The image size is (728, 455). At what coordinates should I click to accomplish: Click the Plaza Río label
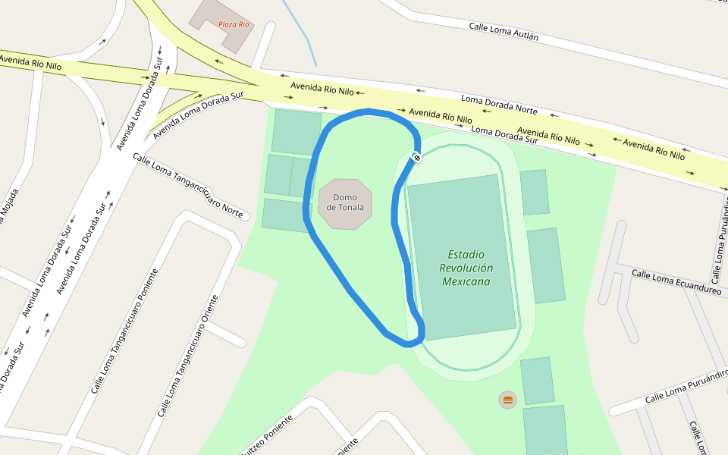[x=234, y=24]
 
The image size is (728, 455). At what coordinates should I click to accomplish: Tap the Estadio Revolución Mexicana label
[x=466, y=268]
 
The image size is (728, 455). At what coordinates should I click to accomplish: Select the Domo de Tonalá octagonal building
[x=345, y=204]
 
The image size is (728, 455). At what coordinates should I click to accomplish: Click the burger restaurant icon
[x=507, y=399]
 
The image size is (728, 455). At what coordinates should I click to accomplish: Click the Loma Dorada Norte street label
[x=499, y=105]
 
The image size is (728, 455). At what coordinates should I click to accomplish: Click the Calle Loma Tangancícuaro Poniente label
[x=125, y=330]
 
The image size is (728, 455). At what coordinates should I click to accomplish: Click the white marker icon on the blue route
[x=416, y=157]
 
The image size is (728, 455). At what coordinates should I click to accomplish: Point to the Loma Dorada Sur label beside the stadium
[x=504, y=135]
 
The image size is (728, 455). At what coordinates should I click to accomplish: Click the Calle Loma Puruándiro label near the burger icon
[x=686, y=387]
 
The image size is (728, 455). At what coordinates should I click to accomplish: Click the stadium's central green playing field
[x=463, y=258]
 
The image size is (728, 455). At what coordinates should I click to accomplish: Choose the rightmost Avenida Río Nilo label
[x=654, y=149]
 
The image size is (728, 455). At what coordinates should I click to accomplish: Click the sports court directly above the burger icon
[x=537, y=380]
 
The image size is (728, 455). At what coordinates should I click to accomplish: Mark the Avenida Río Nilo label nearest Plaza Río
[x=322, y=89]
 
